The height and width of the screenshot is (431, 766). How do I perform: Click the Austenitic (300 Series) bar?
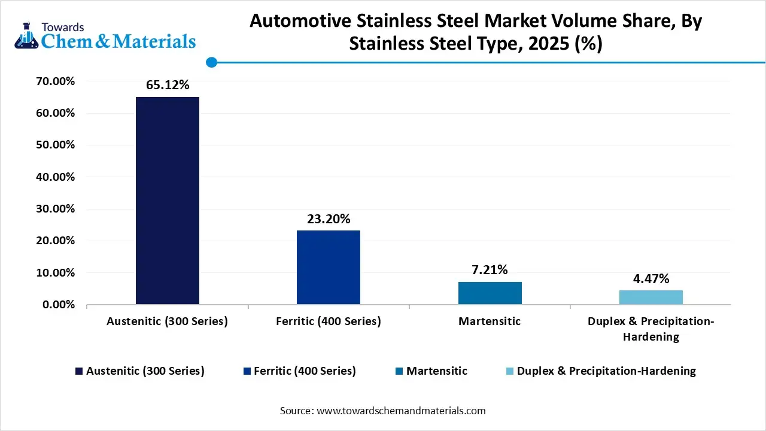pos(168,201)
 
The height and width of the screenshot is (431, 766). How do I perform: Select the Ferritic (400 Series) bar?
pos(329,268)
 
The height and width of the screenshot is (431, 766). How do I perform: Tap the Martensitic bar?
pos(490,293)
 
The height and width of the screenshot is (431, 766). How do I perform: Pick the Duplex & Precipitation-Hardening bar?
pos(651,297)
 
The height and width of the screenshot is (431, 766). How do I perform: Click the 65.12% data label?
pos(168,86)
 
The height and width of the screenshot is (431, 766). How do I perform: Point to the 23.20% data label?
pos(329,219)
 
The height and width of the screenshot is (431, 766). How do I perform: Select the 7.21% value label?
pos(490,270)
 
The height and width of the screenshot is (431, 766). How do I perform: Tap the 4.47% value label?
pos(651,279)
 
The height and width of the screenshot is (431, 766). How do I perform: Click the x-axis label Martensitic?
pos(490,321)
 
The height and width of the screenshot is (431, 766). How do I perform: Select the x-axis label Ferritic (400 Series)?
pos(329,321)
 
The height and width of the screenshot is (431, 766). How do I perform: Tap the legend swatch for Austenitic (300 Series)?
pos(79,371)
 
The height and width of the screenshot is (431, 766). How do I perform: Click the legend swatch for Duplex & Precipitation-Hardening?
pos(510,371)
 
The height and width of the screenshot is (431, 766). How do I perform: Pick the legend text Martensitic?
pos(437,371)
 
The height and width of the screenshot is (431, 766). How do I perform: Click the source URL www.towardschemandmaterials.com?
pos(400,411)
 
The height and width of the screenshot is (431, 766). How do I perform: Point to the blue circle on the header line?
pos(211,62)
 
